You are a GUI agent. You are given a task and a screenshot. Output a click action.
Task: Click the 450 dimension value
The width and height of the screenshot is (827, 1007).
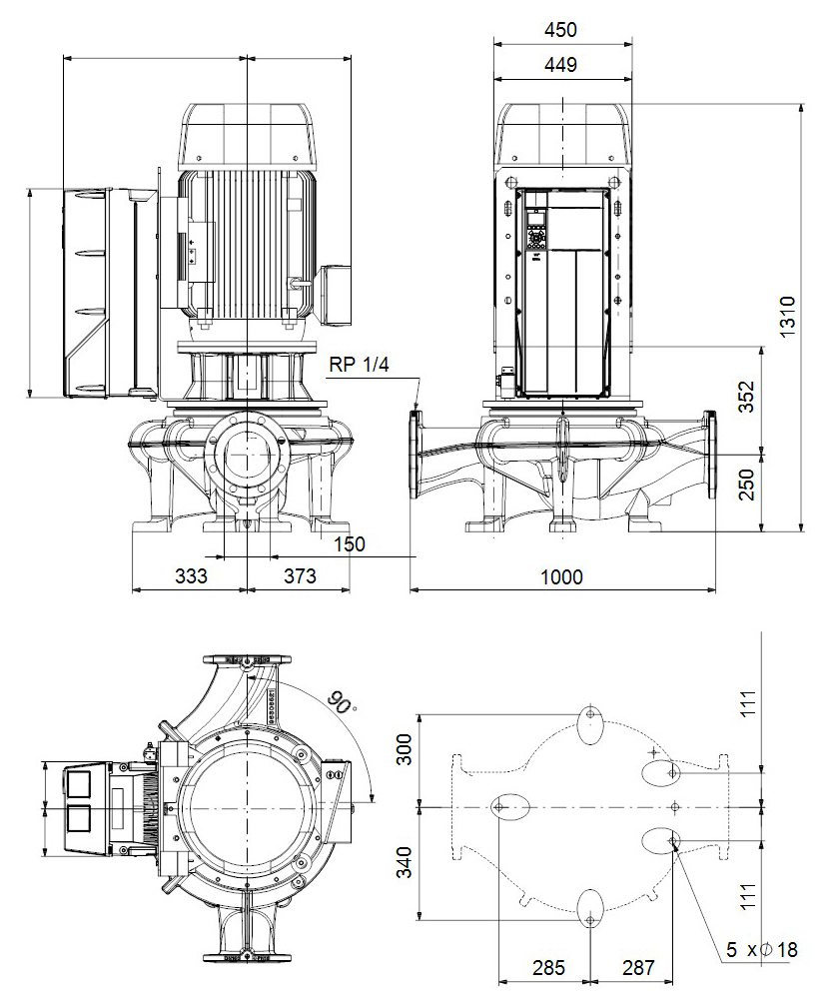tap(560, 30)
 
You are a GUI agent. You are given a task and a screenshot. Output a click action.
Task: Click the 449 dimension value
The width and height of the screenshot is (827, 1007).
tap(560, 65)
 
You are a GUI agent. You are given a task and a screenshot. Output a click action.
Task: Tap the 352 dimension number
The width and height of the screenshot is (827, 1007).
tap(747, 397)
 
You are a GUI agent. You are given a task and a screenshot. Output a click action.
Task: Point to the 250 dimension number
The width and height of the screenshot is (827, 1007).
tap(747, 485)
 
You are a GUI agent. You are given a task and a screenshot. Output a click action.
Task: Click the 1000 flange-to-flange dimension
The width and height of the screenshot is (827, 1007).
tap(561, 576)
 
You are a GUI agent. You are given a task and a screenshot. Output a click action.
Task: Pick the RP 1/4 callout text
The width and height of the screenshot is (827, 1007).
tap(359, 365)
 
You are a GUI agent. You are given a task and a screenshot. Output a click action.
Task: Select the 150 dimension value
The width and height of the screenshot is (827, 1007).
tap(350, 543)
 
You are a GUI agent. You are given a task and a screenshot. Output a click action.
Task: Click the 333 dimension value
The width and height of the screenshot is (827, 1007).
tap(192, 575)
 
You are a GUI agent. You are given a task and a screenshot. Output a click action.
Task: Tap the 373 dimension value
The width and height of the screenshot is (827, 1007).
tap(300, 575)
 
